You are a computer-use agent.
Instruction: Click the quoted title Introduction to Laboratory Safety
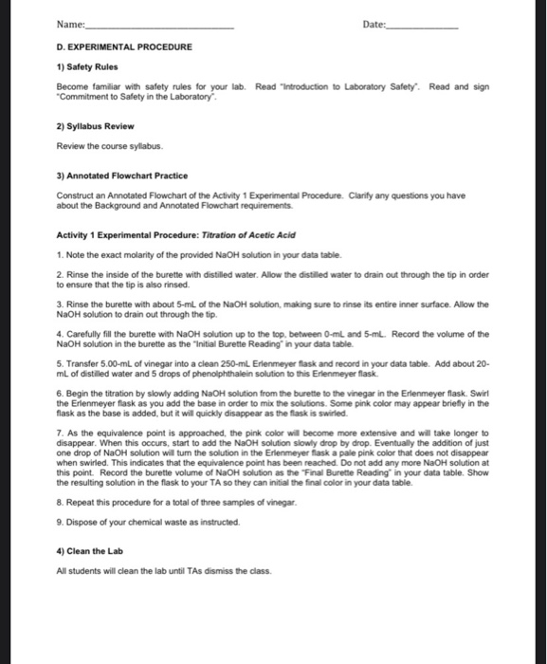341,86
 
